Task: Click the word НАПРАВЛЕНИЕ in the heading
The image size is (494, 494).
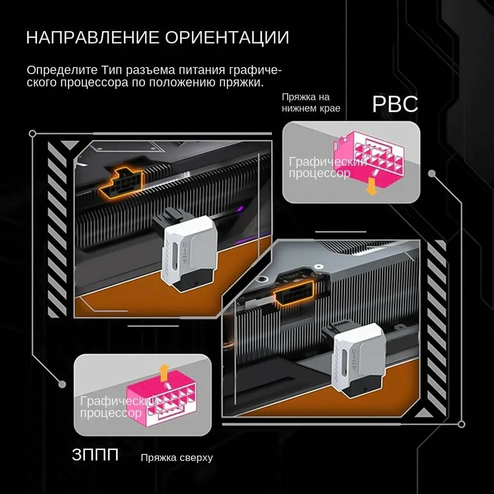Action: point(93,37)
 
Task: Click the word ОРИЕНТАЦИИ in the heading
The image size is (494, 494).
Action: point(227,37)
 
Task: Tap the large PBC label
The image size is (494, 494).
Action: point(395,104)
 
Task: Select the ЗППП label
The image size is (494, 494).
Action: point(95,454)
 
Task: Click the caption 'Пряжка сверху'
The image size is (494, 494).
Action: point(177,458)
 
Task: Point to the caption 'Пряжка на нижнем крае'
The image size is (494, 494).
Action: point(311,103)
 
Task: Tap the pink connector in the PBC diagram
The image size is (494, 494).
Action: point(369,159)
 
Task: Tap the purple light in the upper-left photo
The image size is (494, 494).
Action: point(241,209)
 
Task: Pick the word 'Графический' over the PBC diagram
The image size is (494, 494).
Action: point(328,162)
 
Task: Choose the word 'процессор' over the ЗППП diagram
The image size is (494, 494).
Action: point(111,412)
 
